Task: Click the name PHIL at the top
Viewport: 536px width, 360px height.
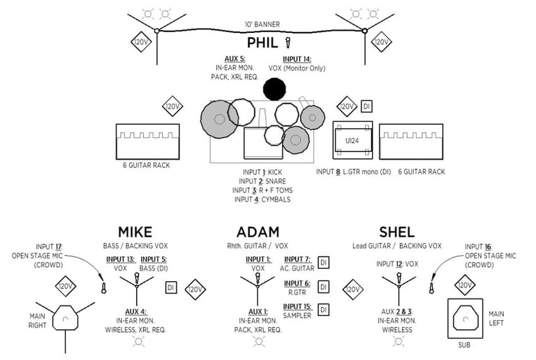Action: [262, 43]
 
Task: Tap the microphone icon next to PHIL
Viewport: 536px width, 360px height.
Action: [288, 43]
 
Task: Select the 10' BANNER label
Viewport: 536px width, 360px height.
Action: [262, 24]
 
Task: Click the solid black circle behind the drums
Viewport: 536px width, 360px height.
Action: [274, 89]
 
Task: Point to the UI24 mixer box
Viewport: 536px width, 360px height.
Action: [352, 140]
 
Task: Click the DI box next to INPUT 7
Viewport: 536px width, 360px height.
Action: [323, 262]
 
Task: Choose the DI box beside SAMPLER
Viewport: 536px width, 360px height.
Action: [323, 310]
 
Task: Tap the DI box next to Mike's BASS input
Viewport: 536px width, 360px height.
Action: [171, 287]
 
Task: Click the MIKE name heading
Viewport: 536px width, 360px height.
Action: [135, 232]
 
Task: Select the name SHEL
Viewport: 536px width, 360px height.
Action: [397, 232]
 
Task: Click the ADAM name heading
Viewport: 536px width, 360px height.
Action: [258, 232]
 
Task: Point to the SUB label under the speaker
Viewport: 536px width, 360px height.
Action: [464, 345]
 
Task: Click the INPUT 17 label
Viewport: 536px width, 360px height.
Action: [50, 246]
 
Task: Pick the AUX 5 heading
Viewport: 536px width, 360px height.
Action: [234, 59]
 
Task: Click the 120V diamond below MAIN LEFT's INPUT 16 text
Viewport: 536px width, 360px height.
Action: [465, 285]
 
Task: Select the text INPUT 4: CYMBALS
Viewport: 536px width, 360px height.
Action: [262, 200]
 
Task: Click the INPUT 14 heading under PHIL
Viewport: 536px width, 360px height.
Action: [297, 59]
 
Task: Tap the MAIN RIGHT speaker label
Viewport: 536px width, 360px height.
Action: [37, 321]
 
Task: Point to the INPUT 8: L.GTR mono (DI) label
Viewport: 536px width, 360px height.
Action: [353, 172]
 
